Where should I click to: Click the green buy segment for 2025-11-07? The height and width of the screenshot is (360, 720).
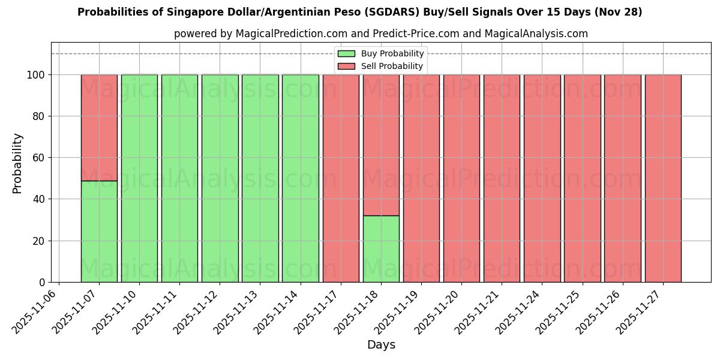point(99,231)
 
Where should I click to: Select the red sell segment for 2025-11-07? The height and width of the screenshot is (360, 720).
point(99,127)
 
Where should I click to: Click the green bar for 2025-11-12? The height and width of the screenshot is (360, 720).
point(220,178)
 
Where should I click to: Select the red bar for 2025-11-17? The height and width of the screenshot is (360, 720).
point(341,178)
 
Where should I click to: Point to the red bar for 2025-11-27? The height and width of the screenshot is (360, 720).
point(663,178)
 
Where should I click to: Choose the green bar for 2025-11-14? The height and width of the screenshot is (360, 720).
point(301,178)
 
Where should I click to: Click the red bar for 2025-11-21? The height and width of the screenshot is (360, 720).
point(502,178)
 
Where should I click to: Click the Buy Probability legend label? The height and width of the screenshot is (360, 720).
point(392,54)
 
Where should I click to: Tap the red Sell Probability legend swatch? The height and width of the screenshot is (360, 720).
point(346,67)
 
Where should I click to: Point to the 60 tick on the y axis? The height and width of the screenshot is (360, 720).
point(40,158)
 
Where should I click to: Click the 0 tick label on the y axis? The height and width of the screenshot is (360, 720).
point(42,283)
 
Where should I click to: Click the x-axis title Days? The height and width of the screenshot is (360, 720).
point(381,345)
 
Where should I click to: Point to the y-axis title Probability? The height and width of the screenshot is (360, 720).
point(17,163)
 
